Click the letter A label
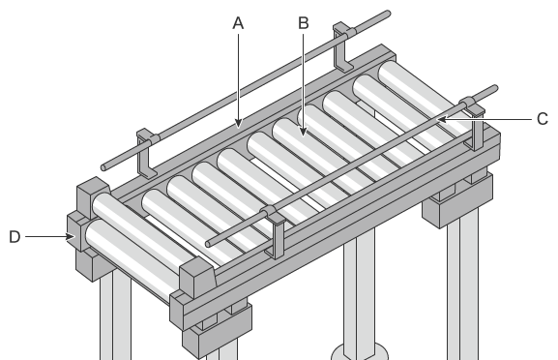tap(238, 23)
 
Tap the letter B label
tap(304, 23)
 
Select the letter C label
tap(542, 119)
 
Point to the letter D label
tap(15, 237)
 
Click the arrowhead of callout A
tap(239, 123)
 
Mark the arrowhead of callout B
tap(303, 131)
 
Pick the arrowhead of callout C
tap(443, 119)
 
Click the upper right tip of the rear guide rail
tap(388, 14)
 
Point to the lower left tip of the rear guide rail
tap(103, 167)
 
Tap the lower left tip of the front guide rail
tap(209, 244)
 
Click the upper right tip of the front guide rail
tap(494, 88)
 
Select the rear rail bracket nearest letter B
tap(342, 46)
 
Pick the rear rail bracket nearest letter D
tap(147, 153)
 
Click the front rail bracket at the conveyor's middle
tap(274, 231)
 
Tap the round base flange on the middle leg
tap(360, 352)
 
